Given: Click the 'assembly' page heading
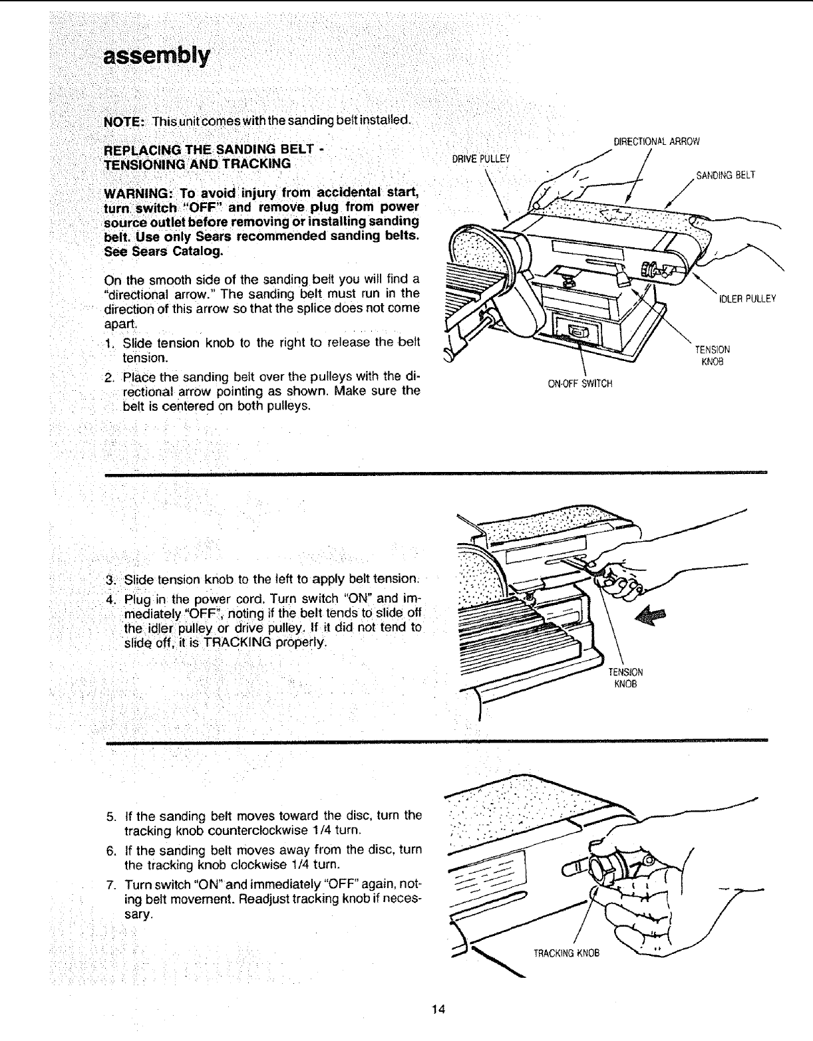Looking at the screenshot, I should point(156,55).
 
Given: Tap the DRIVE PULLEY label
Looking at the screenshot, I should point(480,158).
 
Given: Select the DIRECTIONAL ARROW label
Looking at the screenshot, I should point(656,141).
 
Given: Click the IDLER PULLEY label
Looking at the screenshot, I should point(747,298).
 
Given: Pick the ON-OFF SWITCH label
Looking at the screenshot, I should point(579,384).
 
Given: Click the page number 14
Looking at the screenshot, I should point(437,1010).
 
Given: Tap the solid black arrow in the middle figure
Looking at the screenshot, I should point(650,617).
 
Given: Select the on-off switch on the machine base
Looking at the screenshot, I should point(576,332).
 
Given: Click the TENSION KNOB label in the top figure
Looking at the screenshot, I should point(712,356).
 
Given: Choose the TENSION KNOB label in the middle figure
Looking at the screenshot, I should point(625,677).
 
